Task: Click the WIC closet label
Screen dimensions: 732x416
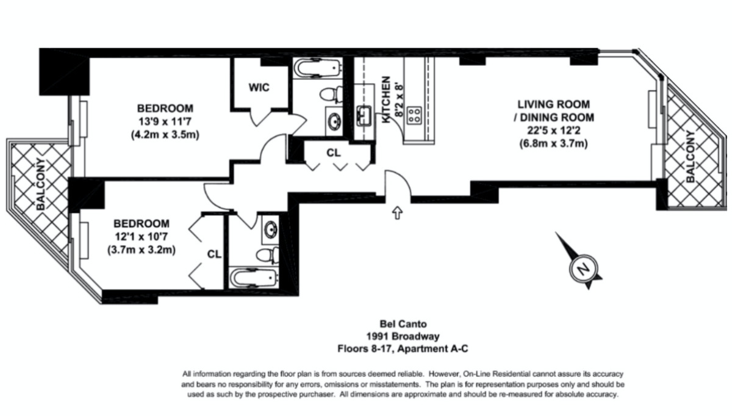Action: [x=259, y=88]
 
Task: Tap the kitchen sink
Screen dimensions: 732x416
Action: [x=364, y=115]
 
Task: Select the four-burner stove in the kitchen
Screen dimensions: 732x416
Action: [x=414, y=115]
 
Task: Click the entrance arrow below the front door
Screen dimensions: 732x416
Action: [x=397, y=212]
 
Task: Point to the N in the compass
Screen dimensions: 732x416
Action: [x=583, y=269]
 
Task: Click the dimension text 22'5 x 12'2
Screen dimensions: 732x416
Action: [x=554, y=131]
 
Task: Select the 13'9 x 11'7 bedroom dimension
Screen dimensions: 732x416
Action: [x=165, y=121]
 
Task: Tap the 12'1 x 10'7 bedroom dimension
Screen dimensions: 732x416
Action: [x=141, y=237]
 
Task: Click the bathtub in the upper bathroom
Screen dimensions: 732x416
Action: [x=318, y=68]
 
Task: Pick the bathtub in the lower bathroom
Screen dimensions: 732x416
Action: [x=254, y=278]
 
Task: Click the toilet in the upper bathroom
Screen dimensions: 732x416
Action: [x=331, y=95]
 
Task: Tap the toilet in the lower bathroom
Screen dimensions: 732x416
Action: [x=268, y=255]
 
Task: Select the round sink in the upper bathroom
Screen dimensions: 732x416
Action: [x=334, y=121]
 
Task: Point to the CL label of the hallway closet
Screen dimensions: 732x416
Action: [x=333, y=152]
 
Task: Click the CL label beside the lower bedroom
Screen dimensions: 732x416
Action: [x=214, y=254]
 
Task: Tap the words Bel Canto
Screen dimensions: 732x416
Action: [x=403, y=324]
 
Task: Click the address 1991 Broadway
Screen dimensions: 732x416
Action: [x=403, y=336]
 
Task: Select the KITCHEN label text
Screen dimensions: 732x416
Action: [x=386, y=99]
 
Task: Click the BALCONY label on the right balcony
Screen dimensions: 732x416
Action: [x=690, y=157]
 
